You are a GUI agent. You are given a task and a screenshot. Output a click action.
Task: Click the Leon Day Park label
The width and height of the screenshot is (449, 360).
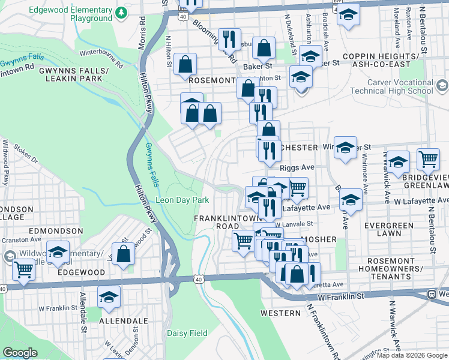click(x=182, y=200)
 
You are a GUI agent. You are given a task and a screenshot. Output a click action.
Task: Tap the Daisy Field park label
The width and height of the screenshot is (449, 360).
click(x=187, y=333)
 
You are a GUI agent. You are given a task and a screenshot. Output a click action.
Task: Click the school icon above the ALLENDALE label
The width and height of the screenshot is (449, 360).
click(x=109, y=296)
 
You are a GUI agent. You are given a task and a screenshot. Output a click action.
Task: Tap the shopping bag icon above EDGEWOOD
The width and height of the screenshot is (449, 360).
click(x=123, y=254)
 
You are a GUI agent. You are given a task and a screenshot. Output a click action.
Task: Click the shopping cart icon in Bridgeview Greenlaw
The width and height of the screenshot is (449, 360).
click(x=428, y=160)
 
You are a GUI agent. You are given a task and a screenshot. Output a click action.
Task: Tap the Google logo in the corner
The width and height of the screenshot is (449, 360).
click(x=19, y=353)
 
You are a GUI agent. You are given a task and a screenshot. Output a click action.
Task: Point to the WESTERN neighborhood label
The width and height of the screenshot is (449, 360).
click(x=280, y=313)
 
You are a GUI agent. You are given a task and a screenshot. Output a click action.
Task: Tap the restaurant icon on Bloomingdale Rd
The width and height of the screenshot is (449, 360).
click(x=229, y=40)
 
